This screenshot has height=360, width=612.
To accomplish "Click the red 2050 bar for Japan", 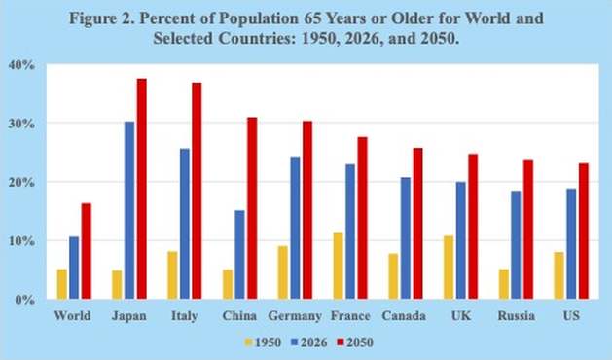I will point(142,189).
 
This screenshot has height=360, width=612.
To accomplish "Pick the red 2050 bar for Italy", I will point(198,191).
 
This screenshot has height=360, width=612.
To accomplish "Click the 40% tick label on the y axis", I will point(21,65).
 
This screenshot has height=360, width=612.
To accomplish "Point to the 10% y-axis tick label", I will point(21,241).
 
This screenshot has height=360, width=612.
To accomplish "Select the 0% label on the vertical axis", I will point(25,300).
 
